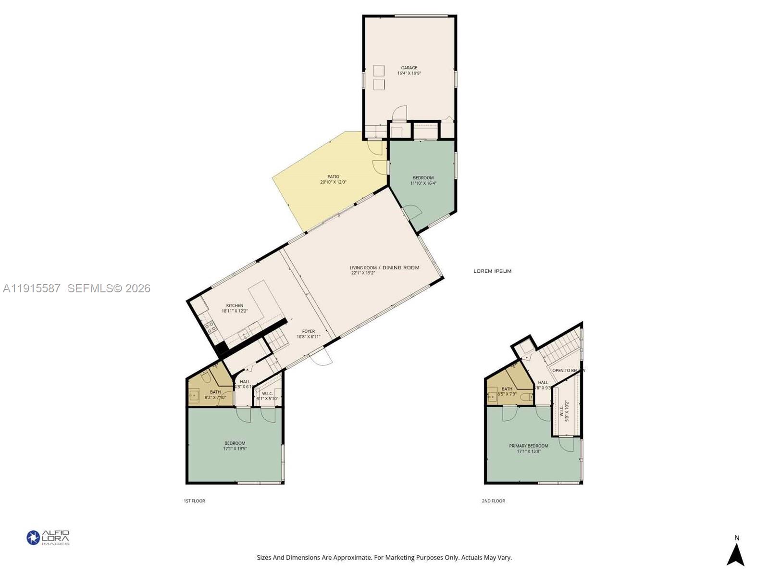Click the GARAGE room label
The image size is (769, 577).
[x=409, y=68]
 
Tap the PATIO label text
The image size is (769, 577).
[x=333, y=176]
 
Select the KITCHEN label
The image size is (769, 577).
[x=235, y=305]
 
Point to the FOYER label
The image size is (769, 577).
[x=308, y=331]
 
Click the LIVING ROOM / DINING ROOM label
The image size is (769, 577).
[x=384, y=267]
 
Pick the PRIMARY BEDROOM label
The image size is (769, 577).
[x=528, y=446]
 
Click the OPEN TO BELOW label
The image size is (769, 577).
[x=568, y=370]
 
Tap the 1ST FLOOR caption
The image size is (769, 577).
[x=194, y=501]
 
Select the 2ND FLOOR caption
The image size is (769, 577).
[x=493, y=501]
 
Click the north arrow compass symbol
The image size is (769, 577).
[x=735, y=554]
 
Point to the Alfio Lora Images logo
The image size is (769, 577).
[x=48, y=538]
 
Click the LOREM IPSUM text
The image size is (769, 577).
[x=492, y=271]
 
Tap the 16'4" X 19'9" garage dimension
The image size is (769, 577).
[x=409, y=74]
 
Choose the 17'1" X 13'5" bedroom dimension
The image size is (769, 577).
[x=235, y=449]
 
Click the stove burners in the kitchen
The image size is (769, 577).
[x=210, y=327]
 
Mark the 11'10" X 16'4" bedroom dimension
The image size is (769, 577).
[x=423, y=183]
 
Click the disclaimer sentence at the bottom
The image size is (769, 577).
[x=384, y=558]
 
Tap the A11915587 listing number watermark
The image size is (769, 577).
[x=32, y=288]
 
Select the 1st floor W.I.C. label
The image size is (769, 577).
[x=267, y=393]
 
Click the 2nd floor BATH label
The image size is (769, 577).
[x=507, y=389]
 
